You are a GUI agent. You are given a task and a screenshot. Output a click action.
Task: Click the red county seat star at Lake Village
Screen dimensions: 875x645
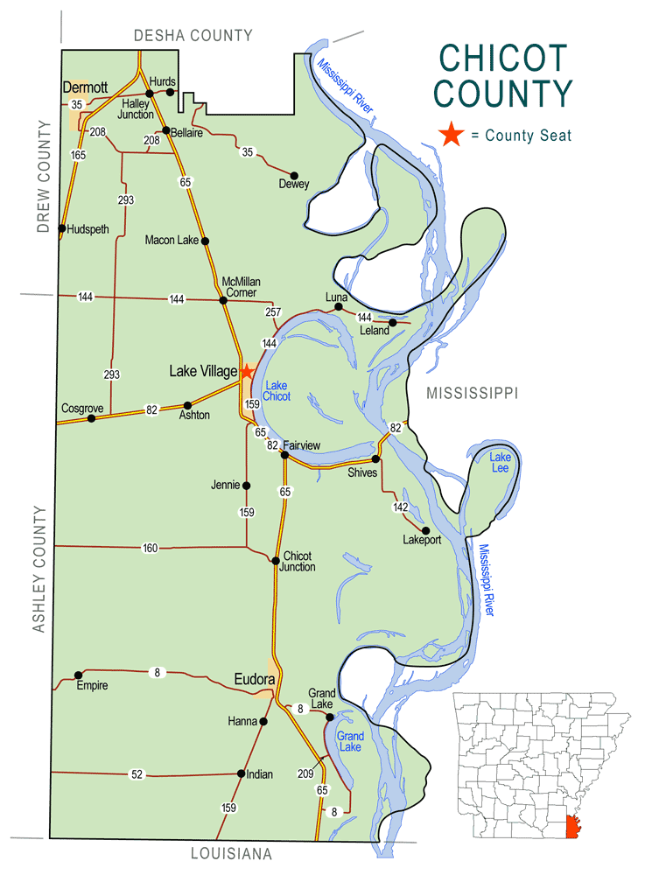tap(248, 372)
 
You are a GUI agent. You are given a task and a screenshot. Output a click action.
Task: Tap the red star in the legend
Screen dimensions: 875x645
tap(452, 135)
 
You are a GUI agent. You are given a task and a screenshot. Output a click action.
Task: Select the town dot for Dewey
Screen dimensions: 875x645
tap(294, 176)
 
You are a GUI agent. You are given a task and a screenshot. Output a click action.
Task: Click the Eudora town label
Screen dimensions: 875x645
tap(255, 678)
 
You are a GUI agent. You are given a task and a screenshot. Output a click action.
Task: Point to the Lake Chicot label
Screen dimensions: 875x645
tap(277, 391)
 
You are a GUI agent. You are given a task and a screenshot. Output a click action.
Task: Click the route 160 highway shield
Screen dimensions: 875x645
tap(150, 549)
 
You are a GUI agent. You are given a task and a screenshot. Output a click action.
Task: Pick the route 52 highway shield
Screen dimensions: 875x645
tap(137, 774)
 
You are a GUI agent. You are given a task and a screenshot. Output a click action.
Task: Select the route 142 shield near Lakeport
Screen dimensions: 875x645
tap(401, 507)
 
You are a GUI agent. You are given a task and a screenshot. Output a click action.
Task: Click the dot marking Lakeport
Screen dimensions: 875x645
tap(425, 530)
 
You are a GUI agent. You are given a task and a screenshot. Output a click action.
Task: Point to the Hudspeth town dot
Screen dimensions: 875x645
tap(62, 229)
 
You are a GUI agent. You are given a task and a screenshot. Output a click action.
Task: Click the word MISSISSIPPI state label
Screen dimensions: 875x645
tap(473, 394)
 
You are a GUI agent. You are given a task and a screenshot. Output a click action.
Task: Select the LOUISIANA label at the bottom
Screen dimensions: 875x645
tap(231, 853)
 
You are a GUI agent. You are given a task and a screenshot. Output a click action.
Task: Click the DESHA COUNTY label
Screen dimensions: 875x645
tap(193, 35)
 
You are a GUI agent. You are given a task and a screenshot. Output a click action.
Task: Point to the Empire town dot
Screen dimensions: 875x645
tap(78, 675)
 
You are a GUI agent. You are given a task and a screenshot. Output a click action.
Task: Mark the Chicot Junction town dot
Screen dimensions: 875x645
tap(276, 561)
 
